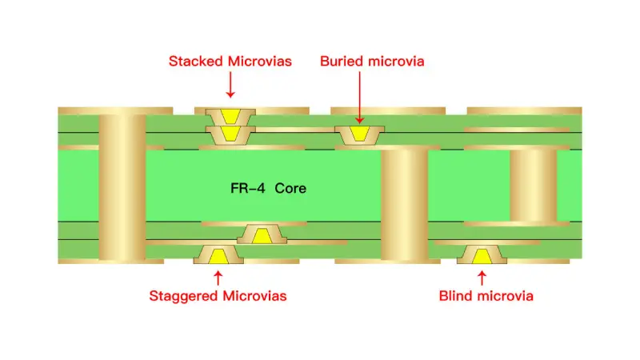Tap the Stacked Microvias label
(230, 62)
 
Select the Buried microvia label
(372, 62)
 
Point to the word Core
(290, 189)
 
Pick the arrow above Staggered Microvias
(218, 277)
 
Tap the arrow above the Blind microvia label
(482, 277)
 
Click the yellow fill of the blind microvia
(482, 255)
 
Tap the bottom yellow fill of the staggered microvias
(218, 255)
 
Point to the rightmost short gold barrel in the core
(533, 186)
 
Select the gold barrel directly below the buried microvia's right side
(404, 204)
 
